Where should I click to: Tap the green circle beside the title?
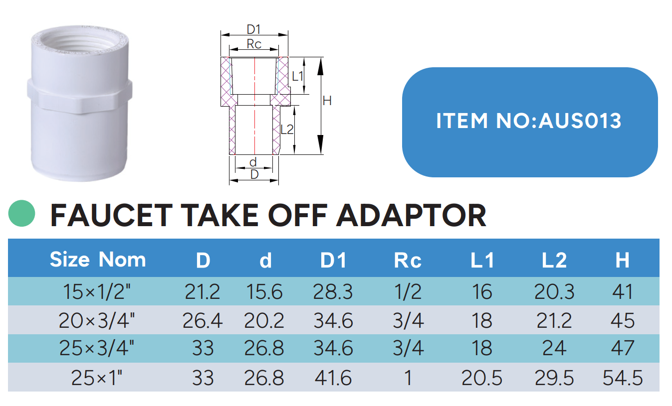click(x=22, y=214)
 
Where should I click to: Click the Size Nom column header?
click(x=98, y=260)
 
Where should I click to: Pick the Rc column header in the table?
click(x=408, y=260)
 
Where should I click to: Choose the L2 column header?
click(x=554, y=260)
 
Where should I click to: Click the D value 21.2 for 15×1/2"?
click(x=202, y=292)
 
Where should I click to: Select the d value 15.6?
click(x=264, y=292)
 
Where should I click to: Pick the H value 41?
click(x=622, y=292)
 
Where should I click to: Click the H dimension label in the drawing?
click(x=327, y=101)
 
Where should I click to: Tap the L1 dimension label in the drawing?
click(x=298, y=76)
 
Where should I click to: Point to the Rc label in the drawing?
click(x=254, y=44)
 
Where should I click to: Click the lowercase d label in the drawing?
click(x=253, y=162)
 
